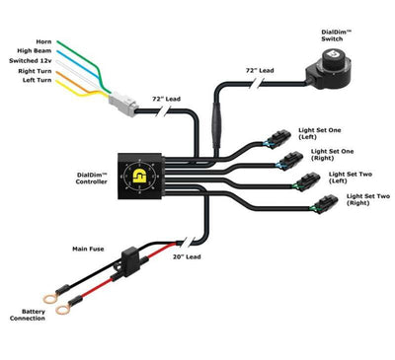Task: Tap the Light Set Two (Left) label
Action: [350, 180]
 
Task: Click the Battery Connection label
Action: [27, 316]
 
